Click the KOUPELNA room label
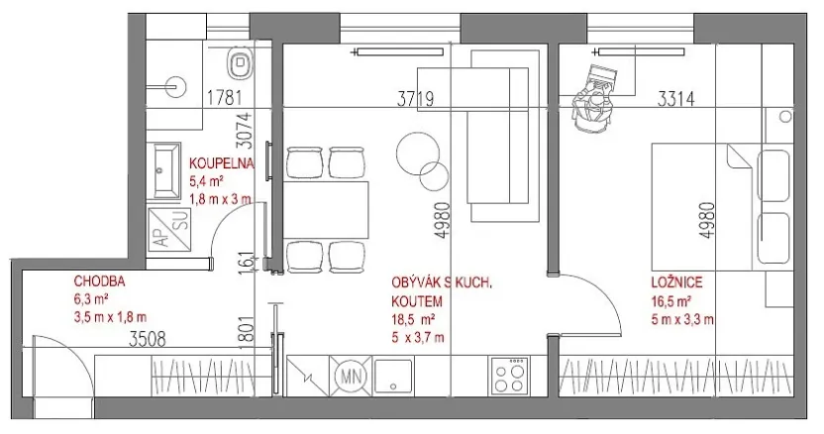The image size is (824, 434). (222, 164)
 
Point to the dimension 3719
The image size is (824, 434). (417, 98)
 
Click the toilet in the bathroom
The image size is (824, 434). (238, 64)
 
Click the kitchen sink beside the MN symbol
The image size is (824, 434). (398, 375)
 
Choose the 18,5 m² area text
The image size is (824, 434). (413, 319)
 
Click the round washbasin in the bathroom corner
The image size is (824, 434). (173, 85)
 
